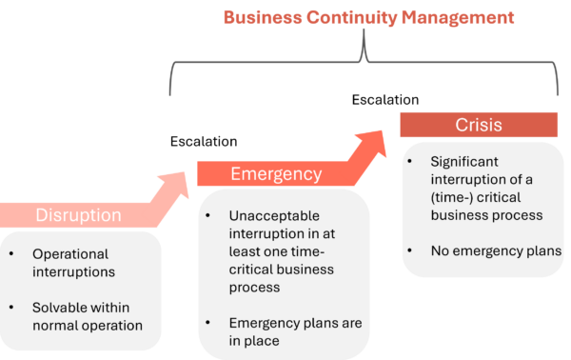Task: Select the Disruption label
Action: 78,214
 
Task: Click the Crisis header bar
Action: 479,125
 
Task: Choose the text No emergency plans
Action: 484,251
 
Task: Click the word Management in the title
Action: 459,17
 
